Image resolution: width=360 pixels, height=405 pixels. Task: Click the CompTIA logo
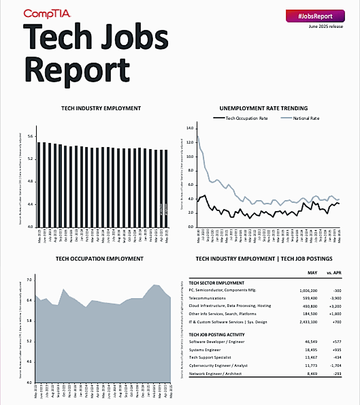(47, 14)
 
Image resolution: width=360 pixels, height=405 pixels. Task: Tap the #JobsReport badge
(315, 16)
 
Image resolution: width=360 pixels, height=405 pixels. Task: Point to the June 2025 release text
(326, 26)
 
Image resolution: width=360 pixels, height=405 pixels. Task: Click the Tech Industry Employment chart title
(101, 108)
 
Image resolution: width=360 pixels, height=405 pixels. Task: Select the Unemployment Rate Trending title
(264, 108)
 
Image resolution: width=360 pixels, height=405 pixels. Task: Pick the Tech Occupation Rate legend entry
(240, 118)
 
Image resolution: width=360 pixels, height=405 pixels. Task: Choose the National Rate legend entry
(300, 118)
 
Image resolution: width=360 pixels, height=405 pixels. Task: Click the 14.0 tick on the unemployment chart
(190, 128)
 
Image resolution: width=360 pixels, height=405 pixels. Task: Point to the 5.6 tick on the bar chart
(30, 136)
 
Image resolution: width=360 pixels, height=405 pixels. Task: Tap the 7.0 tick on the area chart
(29, 280)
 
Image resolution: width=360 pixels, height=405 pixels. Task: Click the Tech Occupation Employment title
(100, 259)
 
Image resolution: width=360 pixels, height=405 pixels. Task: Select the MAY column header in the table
(312, 273)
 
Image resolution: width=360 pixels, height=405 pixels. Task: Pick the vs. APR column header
(334, 273)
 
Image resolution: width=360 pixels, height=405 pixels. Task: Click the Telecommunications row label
(207, 298)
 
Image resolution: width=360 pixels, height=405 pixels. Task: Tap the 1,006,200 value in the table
(308, 290)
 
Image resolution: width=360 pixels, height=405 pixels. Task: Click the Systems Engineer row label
(205, 350)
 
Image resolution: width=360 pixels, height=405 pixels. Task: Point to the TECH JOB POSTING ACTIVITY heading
(217, 335)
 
